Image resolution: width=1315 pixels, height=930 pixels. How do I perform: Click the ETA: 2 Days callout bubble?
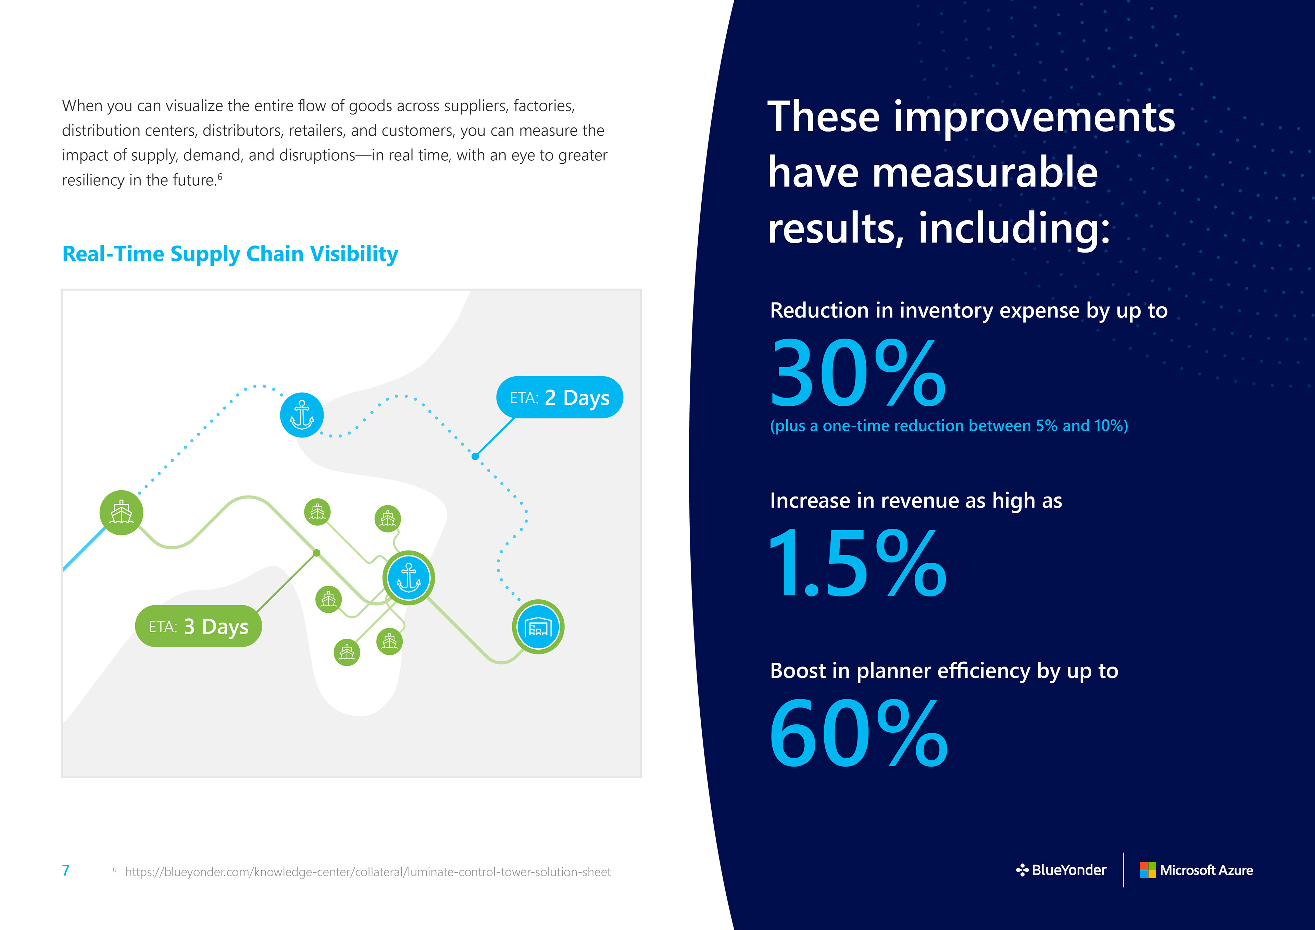(x=559, y=397)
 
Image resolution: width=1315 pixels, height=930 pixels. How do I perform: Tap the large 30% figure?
(x=857, y=374)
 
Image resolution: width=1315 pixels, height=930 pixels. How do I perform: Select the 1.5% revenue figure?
(x=857, y=563)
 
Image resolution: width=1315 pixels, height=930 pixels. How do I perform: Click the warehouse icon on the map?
(x=538, y=627)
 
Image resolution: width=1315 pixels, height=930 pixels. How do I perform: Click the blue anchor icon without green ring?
(x=302, y=415)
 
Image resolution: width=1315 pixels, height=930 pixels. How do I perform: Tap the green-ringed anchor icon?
(x=408, y=578)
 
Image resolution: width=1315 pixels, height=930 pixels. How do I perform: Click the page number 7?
(x=66, y=870)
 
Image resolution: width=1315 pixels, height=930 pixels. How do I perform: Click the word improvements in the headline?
(x=1034, y=117)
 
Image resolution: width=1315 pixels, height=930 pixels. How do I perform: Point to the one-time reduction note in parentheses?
(x=949, y=426)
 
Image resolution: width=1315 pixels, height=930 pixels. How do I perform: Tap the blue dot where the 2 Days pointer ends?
(x=475, y=456)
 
